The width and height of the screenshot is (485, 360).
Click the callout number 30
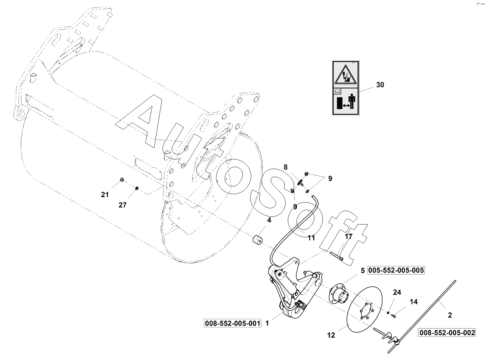click(380, 85)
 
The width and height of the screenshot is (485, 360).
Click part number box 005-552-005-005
click(395, 271)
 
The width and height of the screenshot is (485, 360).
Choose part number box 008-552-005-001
click(233, 324)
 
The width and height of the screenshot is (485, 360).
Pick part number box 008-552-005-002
click(447, 333)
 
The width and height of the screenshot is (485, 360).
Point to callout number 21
click(105, 195)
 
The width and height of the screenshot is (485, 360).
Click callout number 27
click(123, 205)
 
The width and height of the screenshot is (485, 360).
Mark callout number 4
click(269, 220)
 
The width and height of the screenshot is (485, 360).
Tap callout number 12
click(331, 335)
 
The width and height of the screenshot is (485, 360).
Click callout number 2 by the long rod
click(450, 315)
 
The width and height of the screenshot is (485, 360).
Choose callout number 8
click(286, 167)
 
